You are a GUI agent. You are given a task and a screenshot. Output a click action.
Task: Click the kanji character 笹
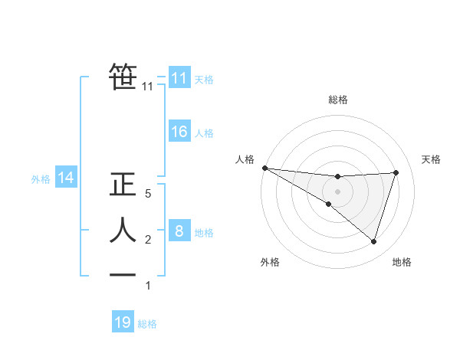[123, 77]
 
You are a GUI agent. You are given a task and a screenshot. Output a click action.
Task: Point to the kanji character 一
[123, 274]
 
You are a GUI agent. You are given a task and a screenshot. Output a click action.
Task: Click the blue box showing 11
[179, 77]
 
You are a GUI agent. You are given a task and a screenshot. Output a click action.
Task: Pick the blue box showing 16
[179, 132]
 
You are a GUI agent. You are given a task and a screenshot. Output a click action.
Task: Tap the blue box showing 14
[65, 178]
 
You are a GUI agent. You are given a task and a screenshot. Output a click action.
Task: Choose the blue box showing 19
[123, 322]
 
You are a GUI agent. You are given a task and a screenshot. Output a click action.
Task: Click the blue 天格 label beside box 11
[204, 79]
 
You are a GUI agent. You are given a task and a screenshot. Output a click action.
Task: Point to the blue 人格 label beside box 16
[204, 133]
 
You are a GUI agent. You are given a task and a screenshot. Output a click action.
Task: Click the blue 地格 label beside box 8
[204, 232]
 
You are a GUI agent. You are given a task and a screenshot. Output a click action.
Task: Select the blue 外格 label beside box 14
[41, 180]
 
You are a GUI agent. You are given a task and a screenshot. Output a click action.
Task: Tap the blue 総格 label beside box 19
[147, 324]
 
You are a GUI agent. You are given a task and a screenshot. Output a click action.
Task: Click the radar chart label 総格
[337, 100]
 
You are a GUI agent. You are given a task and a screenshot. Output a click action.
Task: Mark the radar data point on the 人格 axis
[264, 168]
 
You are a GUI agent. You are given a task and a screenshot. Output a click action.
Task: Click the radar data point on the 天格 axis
[396, 172]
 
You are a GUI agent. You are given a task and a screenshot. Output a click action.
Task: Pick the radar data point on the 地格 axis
[373, 241]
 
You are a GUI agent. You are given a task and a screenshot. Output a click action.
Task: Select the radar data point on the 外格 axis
[328, 204]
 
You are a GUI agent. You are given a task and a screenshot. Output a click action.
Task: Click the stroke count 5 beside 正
[148, 194]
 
